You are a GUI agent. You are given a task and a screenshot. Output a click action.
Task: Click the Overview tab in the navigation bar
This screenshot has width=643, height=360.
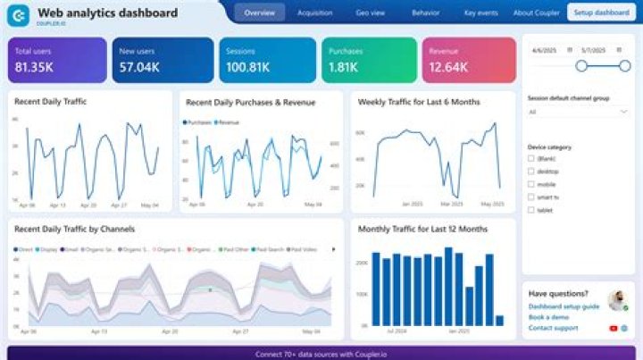pyautogui.click(x=260, y=13)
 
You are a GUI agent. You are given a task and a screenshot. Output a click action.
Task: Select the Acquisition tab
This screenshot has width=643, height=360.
pyautogui.click(x=315, y=13)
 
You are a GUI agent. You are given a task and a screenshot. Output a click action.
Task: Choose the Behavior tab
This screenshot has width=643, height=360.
pyautogui.click(x=425, y=13)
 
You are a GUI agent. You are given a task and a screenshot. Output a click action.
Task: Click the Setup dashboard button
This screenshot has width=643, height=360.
pyautogui.click(x=601, y=13)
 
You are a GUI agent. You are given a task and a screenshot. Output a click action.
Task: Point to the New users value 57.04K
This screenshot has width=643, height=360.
pyautogui.click(x=139, y=67)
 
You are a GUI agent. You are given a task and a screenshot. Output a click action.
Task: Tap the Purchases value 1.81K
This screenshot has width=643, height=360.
pyautogui.click(x=345, y=67)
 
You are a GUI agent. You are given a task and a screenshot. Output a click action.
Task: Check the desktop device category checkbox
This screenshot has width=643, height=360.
pyautogui.click(x=531, y=171)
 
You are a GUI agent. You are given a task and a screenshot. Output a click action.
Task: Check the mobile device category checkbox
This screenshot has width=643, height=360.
pyautogui.click(x=531, y=184)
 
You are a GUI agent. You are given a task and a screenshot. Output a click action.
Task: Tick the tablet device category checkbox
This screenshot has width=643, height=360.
pyautogui.click(x=531, y=210)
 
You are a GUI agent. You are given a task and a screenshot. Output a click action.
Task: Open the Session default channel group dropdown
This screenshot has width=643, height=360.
pyautogui.click(x=578, y=113)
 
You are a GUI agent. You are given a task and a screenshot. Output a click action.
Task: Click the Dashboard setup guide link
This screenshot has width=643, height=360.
pyautogui.click(x=564, y=306)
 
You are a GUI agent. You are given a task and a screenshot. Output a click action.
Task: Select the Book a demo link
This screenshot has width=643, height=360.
pyautogui.click(x=547, y=317)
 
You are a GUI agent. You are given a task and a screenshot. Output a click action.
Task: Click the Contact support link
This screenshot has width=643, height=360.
pyautogui.click(x=553, y=328)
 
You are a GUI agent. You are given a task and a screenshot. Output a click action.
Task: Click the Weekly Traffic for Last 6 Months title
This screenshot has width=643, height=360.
pyautogui.click(x=419, y=102)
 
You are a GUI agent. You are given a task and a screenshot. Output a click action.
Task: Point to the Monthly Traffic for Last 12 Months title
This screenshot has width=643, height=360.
pyautogui.click(x=422, y=230)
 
